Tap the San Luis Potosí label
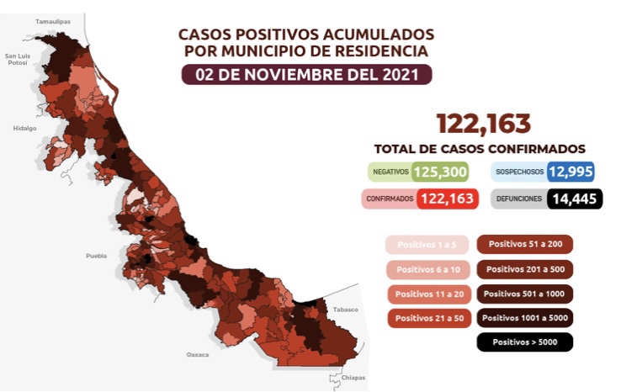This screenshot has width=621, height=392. coord(18,60)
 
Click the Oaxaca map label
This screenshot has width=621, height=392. coord(198,355)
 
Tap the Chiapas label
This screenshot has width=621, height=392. coord(353,378)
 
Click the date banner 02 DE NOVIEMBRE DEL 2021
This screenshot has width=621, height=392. coord(306,74)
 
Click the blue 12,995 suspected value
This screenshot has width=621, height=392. coord(571,172)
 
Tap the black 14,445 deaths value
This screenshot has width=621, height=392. coord(576,199)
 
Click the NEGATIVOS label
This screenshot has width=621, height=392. coord(390,172)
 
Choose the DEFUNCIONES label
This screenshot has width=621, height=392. coord(517,199)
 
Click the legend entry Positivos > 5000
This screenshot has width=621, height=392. coord(525,342)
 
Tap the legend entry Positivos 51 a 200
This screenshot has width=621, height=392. coord(525,245)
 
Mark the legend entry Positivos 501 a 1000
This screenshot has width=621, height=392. coord(525,294)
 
